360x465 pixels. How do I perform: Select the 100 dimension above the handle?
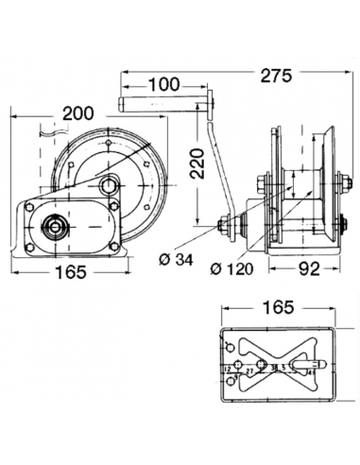click(x=164, y=84)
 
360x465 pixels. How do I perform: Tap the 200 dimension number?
click(x=77, y=113)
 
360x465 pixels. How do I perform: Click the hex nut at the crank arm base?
click(x=227, y=227)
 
